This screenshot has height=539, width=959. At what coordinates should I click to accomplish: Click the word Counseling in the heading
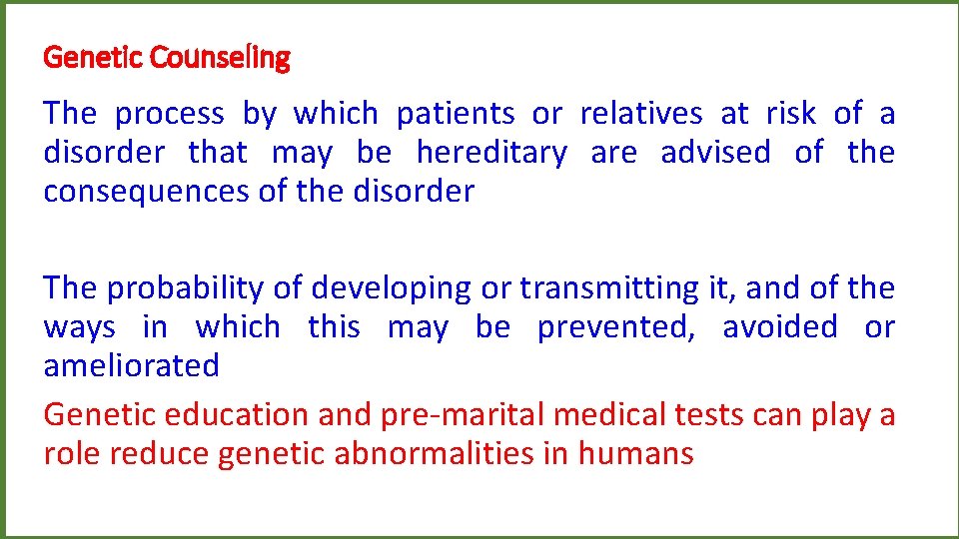(x=220, y=59)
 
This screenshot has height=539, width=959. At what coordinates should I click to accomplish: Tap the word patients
(x=457, y=115)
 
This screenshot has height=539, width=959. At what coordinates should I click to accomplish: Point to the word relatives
(x=641, y=115)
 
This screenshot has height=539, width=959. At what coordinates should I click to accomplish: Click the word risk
(x=790, y=115)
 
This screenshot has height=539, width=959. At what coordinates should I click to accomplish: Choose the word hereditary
(x=491, y=154)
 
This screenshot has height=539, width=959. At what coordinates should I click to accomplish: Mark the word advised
(x=715, y=154)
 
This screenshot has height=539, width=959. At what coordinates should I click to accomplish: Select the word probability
(x=188, y=288)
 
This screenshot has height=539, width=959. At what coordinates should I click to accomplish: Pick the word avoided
(x=779, y=327)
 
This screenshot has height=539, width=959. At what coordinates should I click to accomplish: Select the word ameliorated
(x=131, y=365)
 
